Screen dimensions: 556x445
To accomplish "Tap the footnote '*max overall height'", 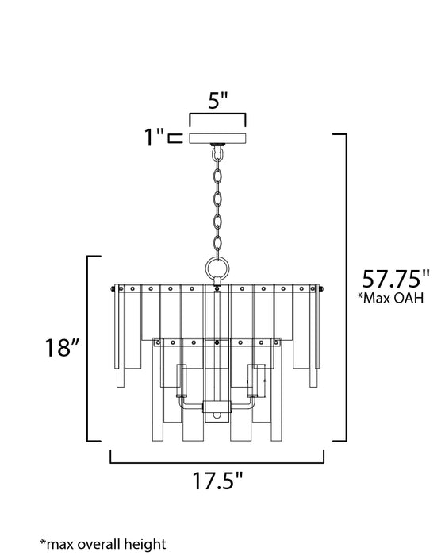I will tap(103, 544).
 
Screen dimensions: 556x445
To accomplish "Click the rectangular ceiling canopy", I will tap(217, 137).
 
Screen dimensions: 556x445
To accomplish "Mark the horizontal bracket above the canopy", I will tap(217, 120).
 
